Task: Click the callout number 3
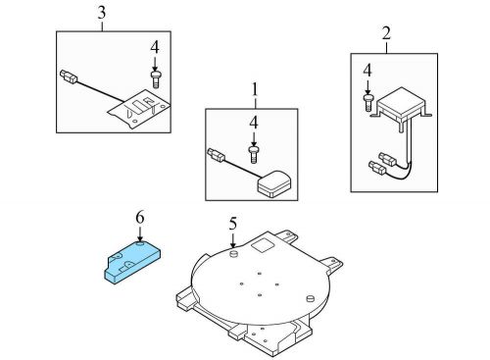click(102, 13)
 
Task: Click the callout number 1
click(255, 89)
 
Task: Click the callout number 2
click(386, 33)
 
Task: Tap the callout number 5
click(232, 224)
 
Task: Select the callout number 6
click(140, 218)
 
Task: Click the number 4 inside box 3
click(155, 48)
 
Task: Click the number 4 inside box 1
click(254, 124)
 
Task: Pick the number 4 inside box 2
click(367, 71)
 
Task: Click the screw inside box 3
click(155, 79)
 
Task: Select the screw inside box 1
click(254, 155)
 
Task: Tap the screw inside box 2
click(367, 103)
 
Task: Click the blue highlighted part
click(132, 263)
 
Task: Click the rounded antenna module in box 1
click(273, 183)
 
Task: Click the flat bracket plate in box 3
click(139, 109)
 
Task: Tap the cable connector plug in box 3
click(69, 76)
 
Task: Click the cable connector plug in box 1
click(217, 155)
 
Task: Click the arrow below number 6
click(140, 234)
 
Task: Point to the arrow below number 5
click(232, 240)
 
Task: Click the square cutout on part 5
click(264, 245)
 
